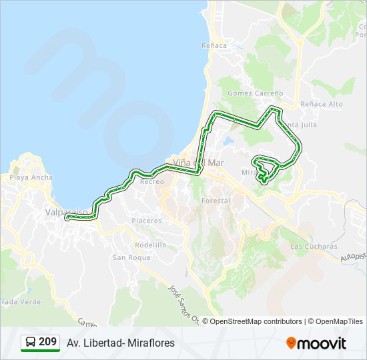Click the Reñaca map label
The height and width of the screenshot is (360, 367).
click(214, 45)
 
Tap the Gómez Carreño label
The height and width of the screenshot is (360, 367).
click(256, 93)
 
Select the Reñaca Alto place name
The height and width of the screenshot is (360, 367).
click(322, 104)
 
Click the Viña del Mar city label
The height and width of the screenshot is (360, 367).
click(198, 162)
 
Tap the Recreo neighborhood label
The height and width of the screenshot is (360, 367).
click(152, 181)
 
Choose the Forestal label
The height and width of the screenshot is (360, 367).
click(216, 200)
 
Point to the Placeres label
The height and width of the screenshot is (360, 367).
click(147, 220)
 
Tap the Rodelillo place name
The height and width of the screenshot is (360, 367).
click(150, 245)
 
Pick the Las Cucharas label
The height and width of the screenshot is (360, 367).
click(314, 246)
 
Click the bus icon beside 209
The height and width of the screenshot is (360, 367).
click(30, 343)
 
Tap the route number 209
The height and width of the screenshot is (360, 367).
click(47, 342)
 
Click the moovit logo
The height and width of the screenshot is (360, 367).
click(316, 343)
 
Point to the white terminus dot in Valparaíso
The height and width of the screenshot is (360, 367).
click(67, 217)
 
